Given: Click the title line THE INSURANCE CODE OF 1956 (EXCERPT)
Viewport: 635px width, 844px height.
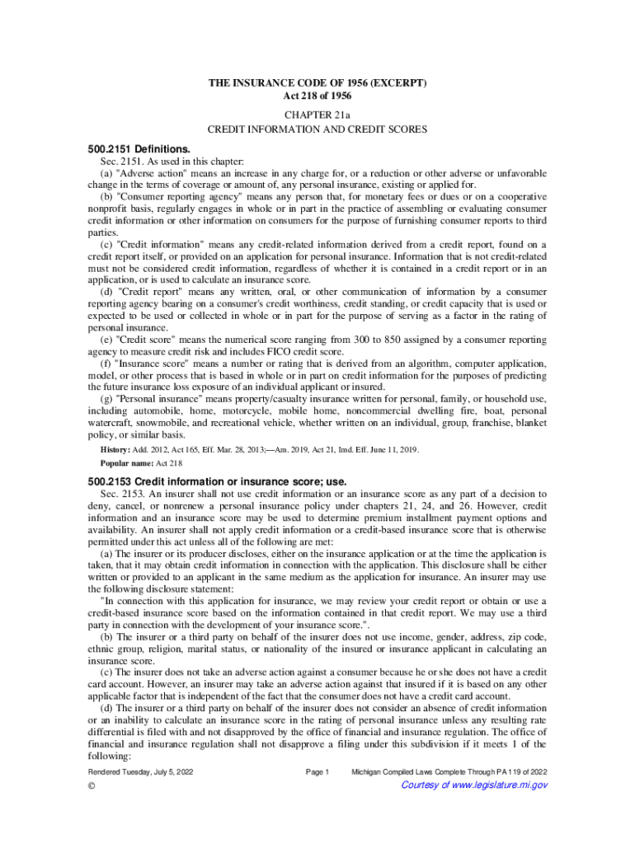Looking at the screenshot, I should pos(317,84).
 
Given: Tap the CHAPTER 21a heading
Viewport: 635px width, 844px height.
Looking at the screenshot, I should pos(317,115).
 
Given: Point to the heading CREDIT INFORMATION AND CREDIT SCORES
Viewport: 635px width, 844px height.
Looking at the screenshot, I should pos(317,130).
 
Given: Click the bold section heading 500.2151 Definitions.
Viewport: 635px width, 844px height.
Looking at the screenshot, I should pos(139,149).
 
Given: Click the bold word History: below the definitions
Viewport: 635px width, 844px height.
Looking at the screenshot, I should pos(106,449).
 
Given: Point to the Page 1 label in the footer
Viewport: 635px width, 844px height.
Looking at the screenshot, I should pos(317,771).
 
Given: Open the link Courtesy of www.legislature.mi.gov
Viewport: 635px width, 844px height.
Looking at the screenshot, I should pos(473,785).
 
